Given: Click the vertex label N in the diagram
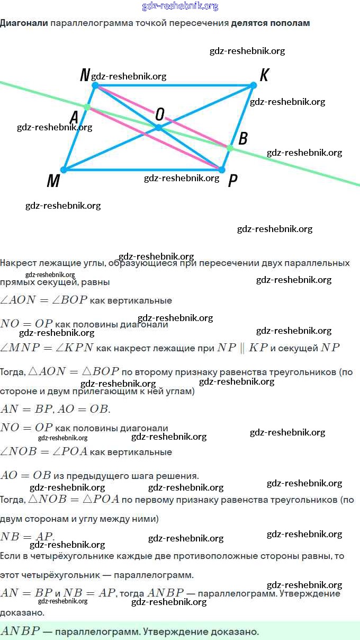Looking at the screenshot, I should [85, 75].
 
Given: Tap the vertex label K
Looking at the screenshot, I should [264, 75].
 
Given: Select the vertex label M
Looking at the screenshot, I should [53, 182].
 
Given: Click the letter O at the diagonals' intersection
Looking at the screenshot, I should [159, 114].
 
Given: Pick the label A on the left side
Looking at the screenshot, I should [75, 116].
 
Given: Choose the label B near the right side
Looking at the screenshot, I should [243, 138].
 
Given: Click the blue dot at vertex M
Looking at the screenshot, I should [64, 170].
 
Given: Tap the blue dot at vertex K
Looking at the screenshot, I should [253, 85].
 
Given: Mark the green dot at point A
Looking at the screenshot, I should [87, 108].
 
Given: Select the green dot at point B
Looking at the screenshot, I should [230, 148].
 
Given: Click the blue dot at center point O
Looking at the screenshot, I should [158, 128].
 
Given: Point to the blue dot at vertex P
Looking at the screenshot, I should [222, 170].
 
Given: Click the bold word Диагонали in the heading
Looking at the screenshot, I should [24, 23].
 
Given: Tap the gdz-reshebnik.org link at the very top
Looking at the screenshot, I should [180, 6].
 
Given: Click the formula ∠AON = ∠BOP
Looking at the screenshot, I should [44, 300].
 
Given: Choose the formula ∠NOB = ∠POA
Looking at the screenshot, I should [44, 452].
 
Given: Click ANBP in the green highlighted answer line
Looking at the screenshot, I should [20, 632].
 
